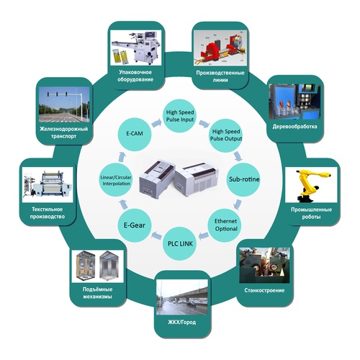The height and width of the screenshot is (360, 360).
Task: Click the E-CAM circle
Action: pyautogui.click(x=135, y=134)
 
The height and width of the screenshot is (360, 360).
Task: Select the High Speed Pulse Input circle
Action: pyautogui.click(x=180, y=116)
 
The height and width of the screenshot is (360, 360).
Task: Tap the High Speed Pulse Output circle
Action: pyautogui.click(x=226, y=135)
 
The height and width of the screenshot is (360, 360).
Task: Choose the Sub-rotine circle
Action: pyautogui.click(x=243, y=179)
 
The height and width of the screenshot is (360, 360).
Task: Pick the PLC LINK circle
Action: pyautogui.click(x=180, y=243)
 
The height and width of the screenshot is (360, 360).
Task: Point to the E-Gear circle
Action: pyautogui.click(x=135, y=225)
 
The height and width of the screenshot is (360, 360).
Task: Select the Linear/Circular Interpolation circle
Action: pyautogui.click(x=116, y=180)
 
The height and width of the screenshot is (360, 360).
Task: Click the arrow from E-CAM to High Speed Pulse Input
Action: pyautogui.click(x=157, y=123)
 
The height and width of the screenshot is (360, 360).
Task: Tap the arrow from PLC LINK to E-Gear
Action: pyautogui.click(x=157, y=235)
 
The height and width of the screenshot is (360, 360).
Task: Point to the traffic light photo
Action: pyautogui.click(x=64, y=104)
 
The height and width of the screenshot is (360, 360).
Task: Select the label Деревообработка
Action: pyautogui.click(x=294, y=126)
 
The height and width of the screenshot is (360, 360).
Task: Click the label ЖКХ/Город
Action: pyautogui.click(x=181, y=322)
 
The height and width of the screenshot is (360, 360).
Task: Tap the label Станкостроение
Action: pyautogui.click(x=264, y=290)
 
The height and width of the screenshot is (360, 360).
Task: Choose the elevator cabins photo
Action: pyautogui.click(x=97, y=266)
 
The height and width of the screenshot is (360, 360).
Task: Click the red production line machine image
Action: pyautogui.click(x=220, y=48)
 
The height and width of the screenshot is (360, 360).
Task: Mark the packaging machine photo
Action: pyautogui.click(x=136, y=48)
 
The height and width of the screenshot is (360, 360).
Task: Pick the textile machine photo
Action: pyautogui.click(x=48, y=185)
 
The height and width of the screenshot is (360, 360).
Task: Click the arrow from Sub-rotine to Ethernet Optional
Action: pyautogui.click(x=238, y=204)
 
